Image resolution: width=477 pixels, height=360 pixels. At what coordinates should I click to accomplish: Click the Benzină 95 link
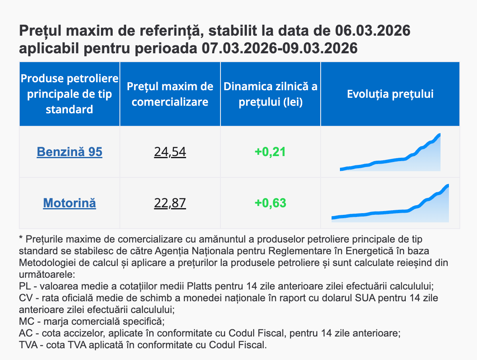(x=70, y=151)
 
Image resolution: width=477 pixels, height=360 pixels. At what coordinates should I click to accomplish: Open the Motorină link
(x=70, y=203)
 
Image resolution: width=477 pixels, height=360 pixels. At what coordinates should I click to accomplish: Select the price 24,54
(x=170, y=151)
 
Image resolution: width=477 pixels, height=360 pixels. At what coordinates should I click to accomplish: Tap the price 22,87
(x=170, y=203)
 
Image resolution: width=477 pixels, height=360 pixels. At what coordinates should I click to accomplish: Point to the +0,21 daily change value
(x=270, y=151)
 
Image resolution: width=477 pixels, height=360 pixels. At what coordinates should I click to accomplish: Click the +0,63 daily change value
(x=270, y=203)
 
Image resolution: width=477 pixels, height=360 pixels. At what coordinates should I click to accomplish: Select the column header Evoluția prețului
(x=390, y=94)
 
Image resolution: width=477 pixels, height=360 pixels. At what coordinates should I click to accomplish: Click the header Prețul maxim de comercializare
(x=170, y=94)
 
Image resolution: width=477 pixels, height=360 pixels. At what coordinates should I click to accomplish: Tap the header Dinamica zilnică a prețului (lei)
(x=270, y=94)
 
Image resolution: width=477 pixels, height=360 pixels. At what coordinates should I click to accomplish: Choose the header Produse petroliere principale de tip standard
(x=70, y=94)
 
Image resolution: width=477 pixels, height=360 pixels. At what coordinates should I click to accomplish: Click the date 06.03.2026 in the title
(x=373, y=31)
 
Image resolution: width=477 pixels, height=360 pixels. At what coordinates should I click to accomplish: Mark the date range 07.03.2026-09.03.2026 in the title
(x=280, y=48)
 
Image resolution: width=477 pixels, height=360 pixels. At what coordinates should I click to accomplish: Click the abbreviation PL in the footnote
(x=25, y=287)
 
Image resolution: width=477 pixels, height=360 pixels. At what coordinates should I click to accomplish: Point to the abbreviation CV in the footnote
(x=25, y=298)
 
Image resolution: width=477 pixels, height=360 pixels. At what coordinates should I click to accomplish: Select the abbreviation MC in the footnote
(x=26, y=322)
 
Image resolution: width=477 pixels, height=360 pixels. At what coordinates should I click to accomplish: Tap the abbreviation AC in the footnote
(x=25, y=334)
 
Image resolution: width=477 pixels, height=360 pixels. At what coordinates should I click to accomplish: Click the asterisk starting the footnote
(x=21, y=239)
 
